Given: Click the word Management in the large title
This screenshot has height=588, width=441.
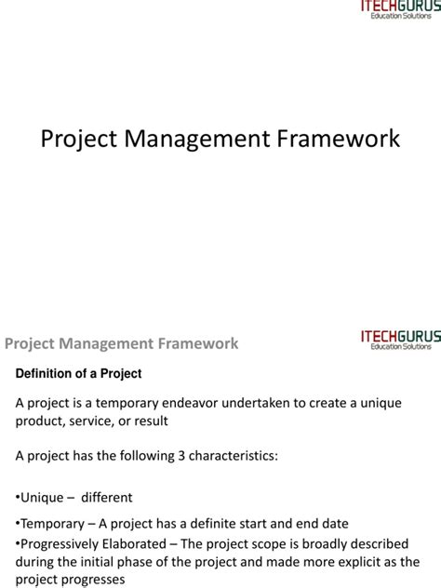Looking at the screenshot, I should (x=201, y=139).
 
